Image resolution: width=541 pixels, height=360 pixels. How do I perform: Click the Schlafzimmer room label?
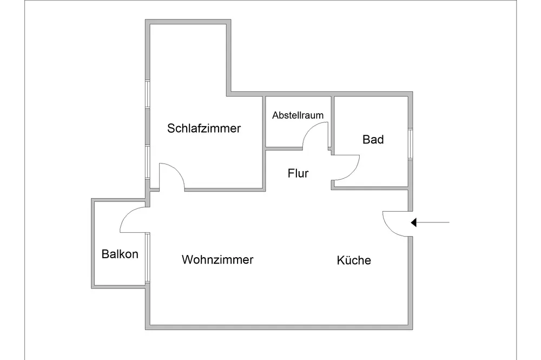tap(204, 129)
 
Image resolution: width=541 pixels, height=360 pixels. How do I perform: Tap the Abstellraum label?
tap(298, 115)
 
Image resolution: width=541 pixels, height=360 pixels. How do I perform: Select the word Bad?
tap(373, 140)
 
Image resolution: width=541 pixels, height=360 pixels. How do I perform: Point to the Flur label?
tap(298, 173)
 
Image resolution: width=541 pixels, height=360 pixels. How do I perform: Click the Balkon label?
tap(120, 254)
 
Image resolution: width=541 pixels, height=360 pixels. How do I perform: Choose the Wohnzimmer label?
tap(217, 260)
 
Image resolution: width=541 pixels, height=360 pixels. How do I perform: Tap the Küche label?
tap(354, 260)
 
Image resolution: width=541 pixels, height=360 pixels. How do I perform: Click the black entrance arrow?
tap(430, 222)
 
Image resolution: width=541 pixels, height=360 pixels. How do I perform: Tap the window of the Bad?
tap(410, 144)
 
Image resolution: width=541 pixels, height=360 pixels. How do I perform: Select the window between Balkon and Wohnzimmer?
tap(147, 258)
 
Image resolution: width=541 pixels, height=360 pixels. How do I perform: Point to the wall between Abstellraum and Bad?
tap(332, 122)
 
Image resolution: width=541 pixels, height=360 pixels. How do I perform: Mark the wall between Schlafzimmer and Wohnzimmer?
tap(225, 189)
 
